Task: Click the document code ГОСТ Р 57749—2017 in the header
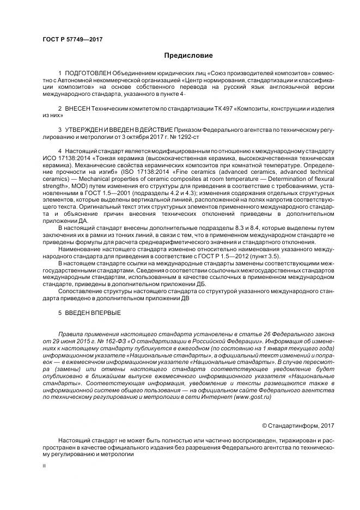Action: click(72, 39)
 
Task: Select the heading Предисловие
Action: click(188, 56)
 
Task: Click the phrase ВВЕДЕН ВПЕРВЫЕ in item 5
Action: click(92, 313)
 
